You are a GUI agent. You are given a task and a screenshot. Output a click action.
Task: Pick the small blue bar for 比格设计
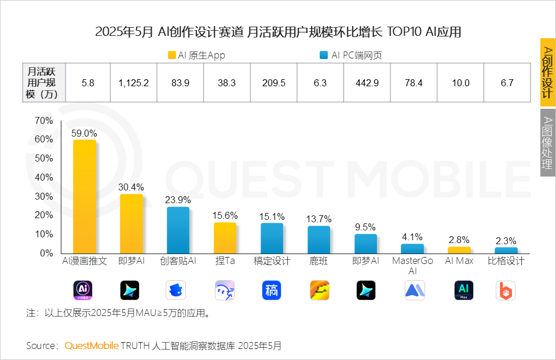(x=506, y=250)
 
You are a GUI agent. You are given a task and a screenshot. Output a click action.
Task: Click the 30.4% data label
(x=131, y=187)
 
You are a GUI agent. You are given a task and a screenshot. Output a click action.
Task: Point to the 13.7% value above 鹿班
(x=319, y=219)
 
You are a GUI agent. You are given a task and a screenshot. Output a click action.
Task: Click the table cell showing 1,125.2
(x=134, y=83)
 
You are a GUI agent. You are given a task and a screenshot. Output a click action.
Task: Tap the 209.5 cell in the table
(x=273, y=83)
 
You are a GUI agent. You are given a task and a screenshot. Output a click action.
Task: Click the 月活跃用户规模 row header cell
(x=43, y=83)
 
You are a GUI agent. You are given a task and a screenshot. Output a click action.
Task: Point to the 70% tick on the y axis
(x=43, y=121)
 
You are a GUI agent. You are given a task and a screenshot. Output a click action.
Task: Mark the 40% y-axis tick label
(x=43, y=178)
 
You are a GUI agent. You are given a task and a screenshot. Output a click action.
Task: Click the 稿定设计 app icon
(x=272, y=290)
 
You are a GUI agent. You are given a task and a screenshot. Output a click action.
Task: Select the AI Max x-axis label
(x=459, y=261)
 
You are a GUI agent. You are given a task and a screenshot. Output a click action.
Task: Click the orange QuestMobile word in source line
(x=92, y=346)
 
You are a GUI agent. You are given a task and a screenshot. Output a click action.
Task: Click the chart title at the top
(x=278, y=32)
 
